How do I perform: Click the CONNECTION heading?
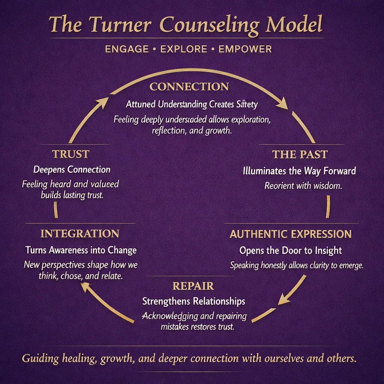pyautogui.click(x=189, y=87)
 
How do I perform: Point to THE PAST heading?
pyautogui.click(x=300, y=154)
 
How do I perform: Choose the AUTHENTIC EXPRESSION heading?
pyautogui.click(x=291, y=234)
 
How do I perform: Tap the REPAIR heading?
pyautogui.click(x=193, y=286)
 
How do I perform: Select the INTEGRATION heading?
pyautogui.click(x=79, y=234)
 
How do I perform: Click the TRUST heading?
pyautogui.click(x=70, y=154)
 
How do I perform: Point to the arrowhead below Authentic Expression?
pyautogui.click(x=284, y=299)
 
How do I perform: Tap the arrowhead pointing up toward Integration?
pyautogui.click(x=87, y=287)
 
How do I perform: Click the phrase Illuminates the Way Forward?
pyautogui.click(x=299, y=171)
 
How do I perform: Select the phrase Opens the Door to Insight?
pyautogui.click(x=291, y=250)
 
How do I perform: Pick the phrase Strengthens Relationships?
pyautogui.click(x=193, y=301)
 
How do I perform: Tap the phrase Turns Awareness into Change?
pyautogui.click(x=81, y=250)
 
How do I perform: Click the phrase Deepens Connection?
pyautogui.click(x=72, y=169)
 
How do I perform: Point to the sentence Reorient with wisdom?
pyautogui.click(x=303, y=186)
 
